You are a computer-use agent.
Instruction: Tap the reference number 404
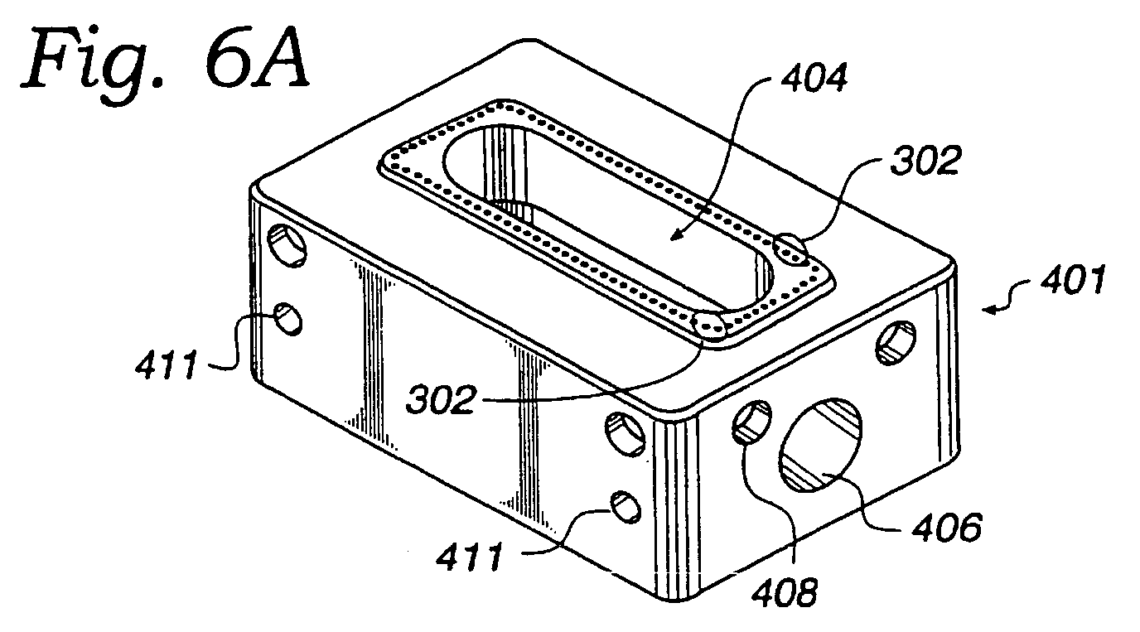(814, 79)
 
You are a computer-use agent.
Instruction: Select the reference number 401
(1072, 279)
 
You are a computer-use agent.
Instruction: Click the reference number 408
(785, 592)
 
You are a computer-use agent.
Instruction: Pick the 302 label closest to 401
(925, 162)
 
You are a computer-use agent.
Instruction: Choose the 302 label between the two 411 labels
(442, 399)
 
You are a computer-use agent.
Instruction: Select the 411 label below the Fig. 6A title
(167, 364)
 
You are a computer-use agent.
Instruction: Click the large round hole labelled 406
(820, 446)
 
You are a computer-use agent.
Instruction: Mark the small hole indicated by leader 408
(751, 422)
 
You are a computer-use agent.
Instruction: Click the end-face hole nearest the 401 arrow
(896, 342)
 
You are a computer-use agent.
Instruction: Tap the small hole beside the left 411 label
(288, 319)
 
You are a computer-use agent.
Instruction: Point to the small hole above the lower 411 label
(626, 507)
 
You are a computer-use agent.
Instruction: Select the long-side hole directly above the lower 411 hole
(626, 434)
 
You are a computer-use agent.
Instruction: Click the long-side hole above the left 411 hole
(287, 246)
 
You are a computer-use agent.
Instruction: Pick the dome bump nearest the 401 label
(790, 248)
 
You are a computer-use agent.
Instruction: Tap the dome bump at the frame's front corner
(710, 325)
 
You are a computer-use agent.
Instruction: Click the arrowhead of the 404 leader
(674, 237)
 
